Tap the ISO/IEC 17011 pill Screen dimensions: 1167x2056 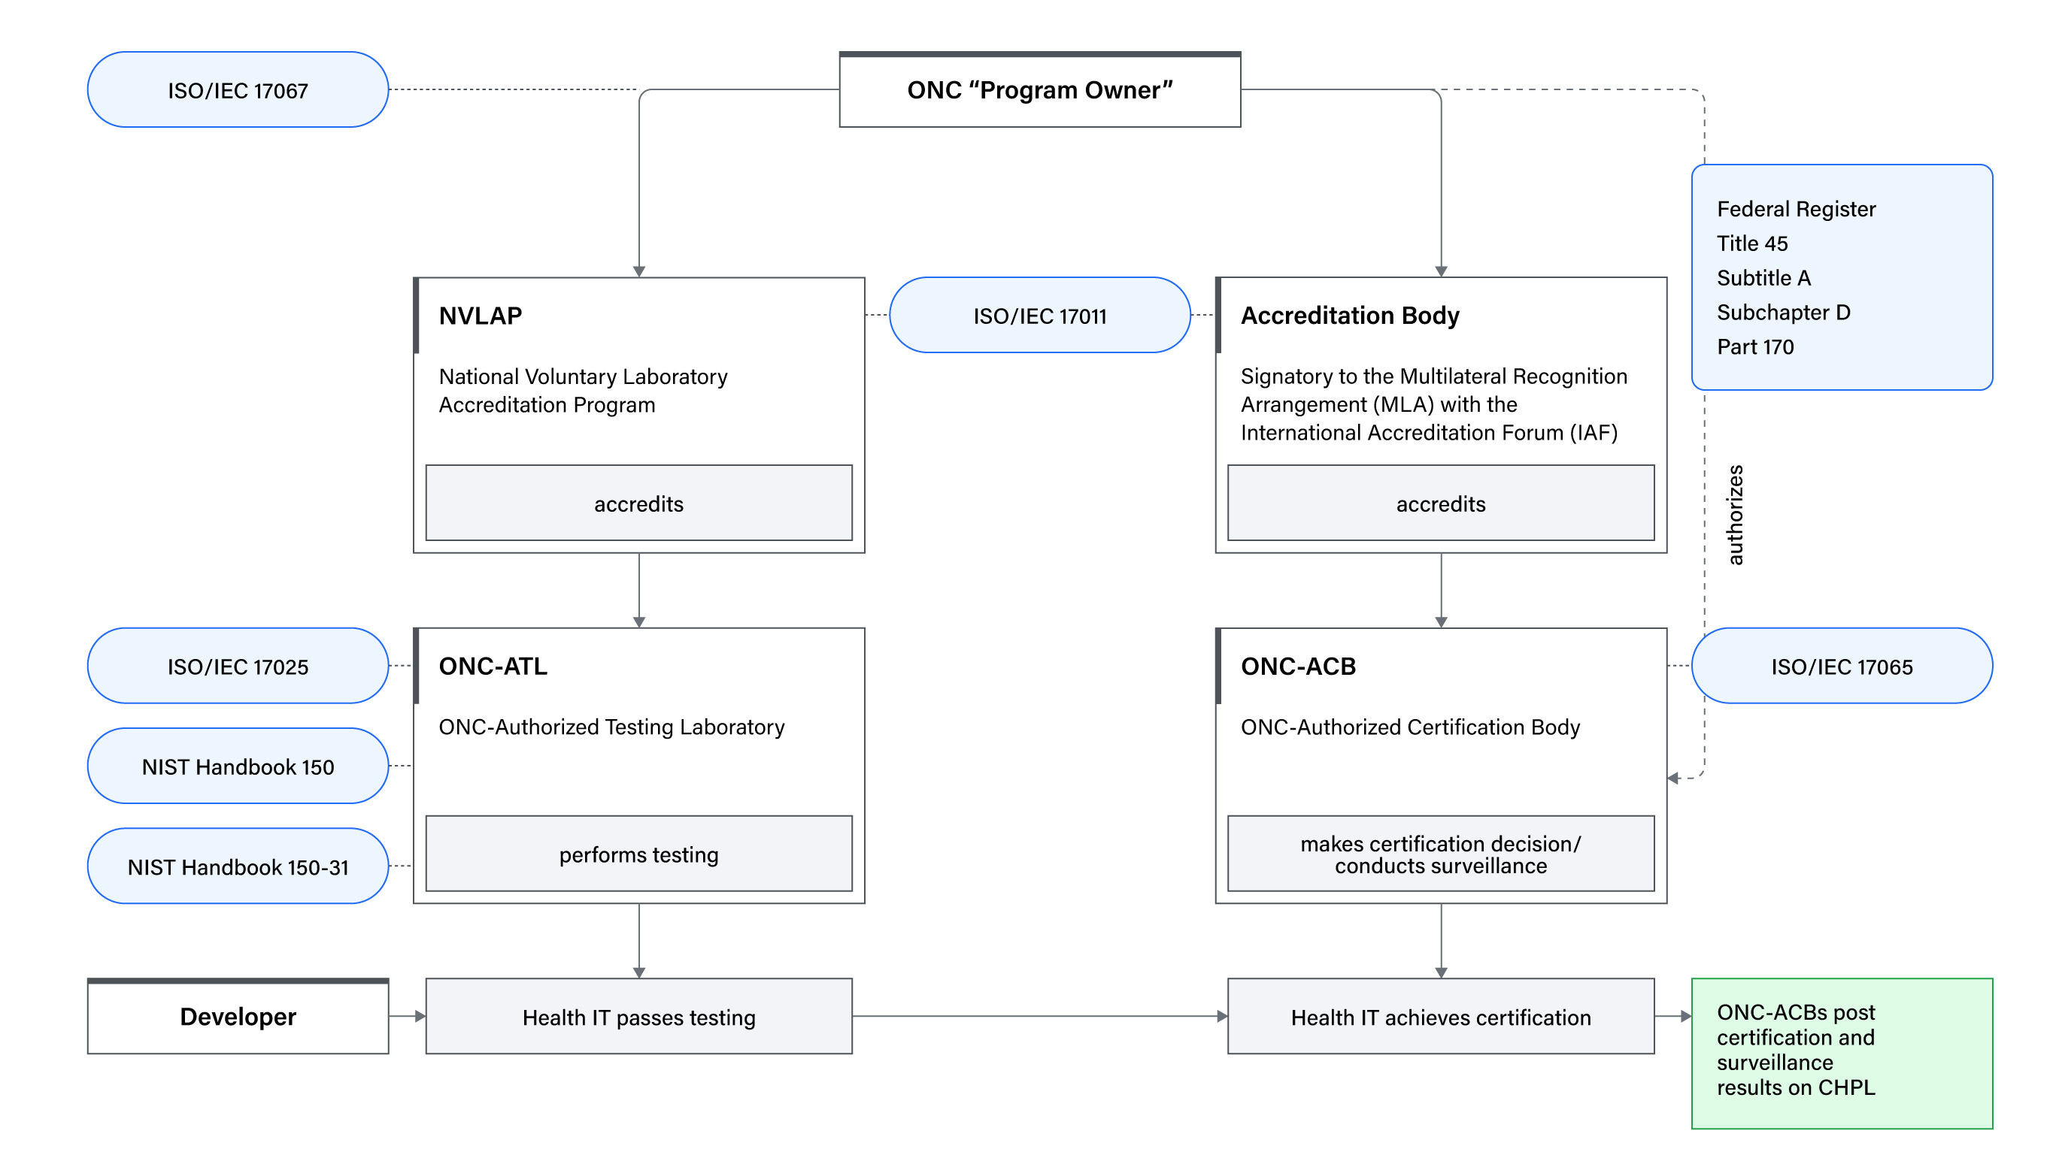[x=1039, y=316]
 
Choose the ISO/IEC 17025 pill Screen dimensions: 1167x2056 [x=238, y=666]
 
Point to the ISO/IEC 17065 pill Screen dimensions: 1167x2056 [x=1841, y=666]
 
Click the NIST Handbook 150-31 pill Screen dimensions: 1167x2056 [x=238, y=866]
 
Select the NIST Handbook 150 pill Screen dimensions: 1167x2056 [x=238, y=766]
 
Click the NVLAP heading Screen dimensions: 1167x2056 [x=481, y=316]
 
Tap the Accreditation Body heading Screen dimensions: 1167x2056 [x=1350, y=316]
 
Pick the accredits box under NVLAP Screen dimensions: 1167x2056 [x=638, y=503]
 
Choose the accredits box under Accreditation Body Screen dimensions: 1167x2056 [x=1440, y=503]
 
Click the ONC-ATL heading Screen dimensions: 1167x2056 [x=493, y=666]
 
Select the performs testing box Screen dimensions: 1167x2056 [x=638, y=854]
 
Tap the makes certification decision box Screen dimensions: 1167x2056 [x=1440, y=854]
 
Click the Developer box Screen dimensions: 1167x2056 [x=238, y=1016]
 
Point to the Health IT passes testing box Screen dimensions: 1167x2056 [x=638, y=1016]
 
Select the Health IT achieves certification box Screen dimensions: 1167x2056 [x=1440, y=1016]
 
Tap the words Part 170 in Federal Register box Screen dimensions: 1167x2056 [x=1755, y=347]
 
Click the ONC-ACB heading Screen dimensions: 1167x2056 [x=1298, y=666]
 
